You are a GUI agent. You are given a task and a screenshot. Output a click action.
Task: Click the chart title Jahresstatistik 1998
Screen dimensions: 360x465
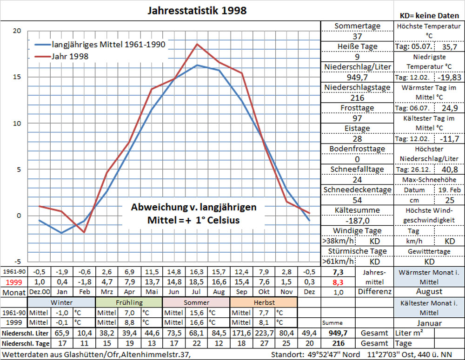coord(197,10)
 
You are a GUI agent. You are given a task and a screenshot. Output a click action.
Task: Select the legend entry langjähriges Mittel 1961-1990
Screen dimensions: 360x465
coord(108,45)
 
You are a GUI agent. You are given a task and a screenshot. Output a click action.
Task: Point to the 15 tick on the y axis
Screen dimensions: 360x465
coord(17,77)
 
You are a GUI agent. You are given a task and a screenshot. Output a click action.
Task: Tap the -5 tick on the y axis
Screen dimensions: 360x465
coord(17,262)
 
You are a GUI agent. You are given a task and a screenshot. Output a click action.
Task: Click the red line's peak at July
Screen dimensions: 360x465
coord(197,44)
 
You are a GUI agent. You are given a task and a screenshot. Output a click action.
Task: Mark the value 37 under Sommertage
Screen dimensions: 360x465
coord(357,37)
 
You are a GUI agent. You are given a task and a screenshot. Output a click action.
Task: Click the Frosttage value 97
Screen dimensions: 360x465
coord(357,118)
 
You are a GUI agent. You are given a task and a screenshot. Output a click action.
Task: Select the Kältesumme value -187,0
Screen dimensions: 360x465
coord(357,221)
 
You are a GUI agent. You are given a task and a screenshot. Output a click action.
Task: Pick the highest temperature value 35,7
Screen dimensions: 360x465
coord(449,47)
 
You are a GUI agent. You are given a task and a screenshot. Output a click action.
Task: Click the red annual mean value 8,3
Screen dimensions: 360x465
coord(338,281)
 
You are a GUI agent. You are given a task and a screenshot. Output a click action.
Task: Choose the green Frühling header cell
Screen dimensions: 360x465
coord(129,302)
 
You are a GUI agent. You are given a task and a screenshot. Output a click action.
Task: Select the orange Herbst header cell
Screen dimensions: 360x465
coord(264,302)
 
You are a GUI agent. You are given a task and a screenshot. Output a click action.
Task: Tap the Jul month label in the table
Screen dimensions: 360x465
coord(197,292)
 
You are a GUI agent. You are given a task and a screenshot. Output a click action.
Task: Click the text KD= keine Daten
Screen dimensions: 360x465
coord(429,15)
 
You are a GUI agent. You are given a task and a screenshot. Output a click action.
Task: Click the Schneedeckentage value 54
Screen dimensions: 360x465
coord(357,200)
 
